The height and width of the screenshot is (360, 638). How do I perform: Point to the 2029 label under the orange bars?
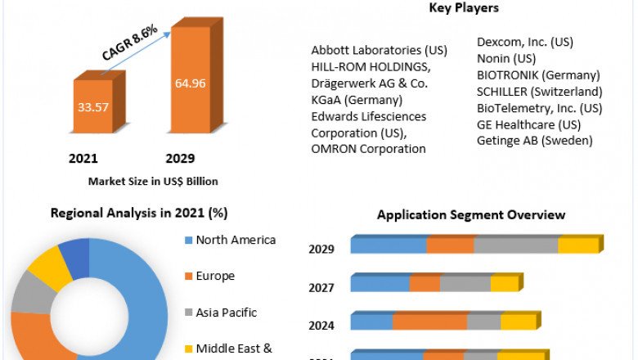180,158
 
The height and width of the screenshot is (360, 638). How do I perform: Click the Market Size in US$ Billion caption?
153,181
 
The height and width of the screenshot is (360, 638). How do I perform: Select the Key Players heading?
464,8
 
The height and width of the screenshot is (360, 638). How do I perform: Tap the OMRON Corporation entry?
368,148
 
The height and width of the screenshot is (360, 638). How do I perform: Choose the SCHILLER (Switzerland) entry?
539,92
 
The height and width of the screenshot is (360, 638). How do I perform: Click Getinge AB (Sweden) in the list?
534,140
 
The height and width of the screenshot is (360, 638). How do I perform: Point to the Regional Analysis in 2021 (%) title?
139,213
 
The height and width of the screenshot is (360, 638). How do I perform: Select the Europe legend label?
215,276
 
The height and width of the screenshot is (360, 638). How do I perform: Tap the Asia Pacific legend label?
227,312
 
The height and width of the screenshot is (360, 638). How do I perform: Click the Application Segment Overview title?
470,214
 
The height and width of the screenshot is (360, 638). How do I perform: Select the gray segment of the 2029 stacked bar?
515,245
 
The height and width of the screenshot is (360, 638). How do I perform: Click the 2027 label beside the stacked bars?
321,287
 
